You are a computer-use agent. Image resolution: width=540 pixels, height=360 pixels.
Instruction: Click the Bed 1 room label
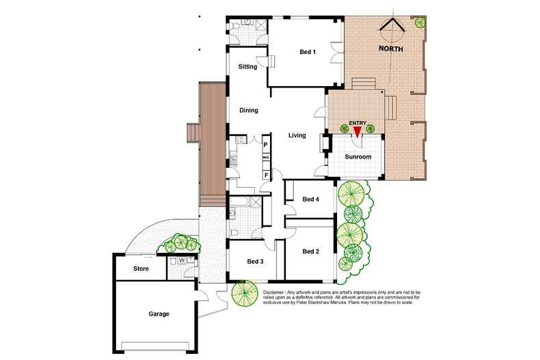pyautogui.click(x=308, y=53)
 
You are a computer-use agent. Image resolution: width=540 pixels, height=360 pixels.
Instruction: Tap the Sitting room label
pyautogui.click(x=247, y=67)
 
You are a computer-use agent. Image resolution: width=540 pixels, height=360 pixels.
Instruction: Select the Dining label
pyautogui.click(x=248, y=110)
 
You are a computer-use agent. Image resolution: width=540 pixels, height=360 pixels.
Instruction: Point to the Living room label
pyautogui.click(x=297, y=135)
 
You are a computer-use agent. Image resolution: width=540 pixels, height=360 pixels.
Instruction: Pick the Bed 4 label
pyautogui.click(x=311, y=199)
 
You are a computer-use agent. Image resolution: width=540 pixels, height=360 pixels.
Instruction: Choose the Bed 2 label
pyautogui.click(x=311, y=251)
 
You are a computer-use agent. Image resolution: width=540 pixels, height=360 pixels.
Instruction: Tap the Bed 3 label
pyautogui.click(x=256, y=262)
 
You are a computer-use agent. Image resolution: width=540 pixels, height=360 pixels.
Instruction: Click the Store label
pyautogui.click(x=140, y=268)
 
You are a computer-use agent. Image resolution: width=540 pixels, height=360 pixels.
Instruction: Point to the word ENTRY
pyautogui.click(x=357, y=123)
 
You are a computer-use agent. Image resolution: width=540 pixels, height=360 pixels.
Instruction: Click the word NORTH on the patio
pyautogui.click(x=391, y=49)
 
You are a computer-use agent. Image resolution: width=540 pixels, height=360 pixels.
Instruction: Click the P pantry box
pyautogui.click(x=267, y=145)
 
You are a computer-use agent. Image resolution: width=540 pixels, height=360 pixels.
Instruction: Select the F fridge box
pyautogui.click(x=267, y=175)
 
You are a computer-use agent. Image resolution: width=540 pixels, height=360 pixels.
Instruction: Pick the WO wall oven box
pyautogui.click(x=267, y=158)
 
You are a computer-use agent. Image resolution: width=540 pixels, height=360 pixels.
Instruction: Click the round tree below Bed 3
pyautogui.click(x=243, y=293)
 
